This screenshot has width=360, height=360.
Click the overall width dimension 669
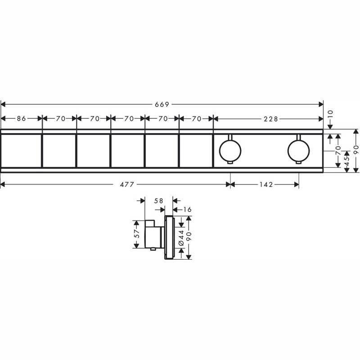[x=162, y=104]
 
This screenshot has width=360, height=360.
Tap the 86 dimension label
[x=22, y=119]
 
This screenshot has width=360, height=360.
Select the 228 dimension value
[x=271, y=119]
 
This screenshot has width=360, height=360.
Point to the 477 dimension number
[x=127, y=184]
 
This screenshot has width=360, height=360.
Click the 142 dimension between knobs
[x=266, y=184]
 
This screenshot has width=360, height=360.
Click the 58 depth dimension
[x=158, y=201]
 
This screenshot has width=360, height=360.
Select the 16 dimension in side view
[x=187, y=209]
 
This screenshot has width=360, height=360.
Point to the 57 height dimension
[x=137, y=234]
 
